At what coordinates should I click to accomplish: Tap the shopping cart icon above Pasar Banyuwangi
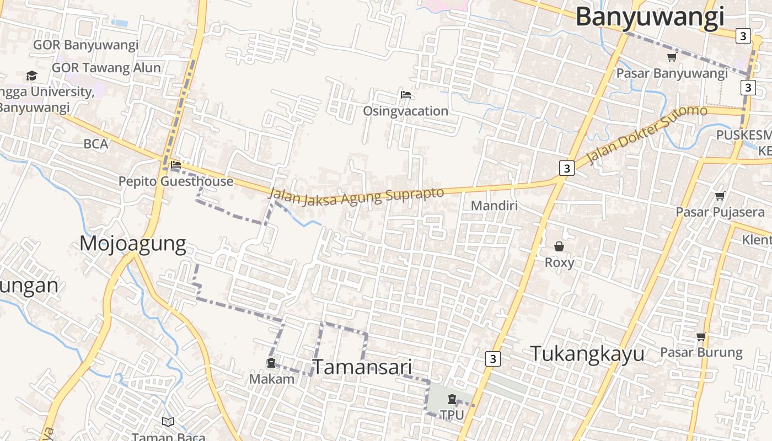[x=672, y=57]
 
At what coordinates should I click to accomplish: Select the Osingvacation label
[x=405, y=111]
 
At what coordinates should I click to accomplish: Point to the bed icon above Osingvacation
[x=406, y=95]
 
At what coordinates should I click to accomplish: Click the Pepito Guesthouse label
[x=176, y=181]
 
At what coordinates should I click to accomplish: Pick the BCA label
[x=96, y=144]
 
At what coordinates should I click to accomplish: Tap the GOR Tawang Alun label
[x=106, y=68]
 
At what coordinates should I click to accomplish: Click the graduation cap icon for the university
[x=31, y=76]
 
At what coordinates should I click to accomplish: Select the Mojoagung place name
[x=133, y=244]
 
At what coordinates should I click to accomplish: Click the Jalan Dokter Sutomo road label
[x=646, y=135]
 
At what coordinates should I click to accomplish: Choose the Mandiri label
[x=494, y=206]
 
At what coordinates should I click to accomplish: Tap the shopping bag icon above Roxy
[x=559, y=246]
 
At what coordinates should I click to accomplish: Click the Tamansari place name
[x=363, y=367]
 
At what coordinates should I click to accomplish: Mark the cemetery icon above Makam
[x=271, y=363]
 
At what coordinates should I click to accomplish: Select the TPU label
[x=452, y=415]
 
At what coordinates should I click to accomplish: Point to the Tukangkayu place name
[x=587, y=354]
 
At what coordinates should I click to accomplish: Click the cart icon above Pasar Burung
[x=701, y=336]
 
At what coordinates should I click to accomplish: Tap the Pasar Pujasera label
[x=720, y=212]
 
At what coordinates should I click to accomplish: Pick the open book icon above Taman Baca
[x=168, y=422]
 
